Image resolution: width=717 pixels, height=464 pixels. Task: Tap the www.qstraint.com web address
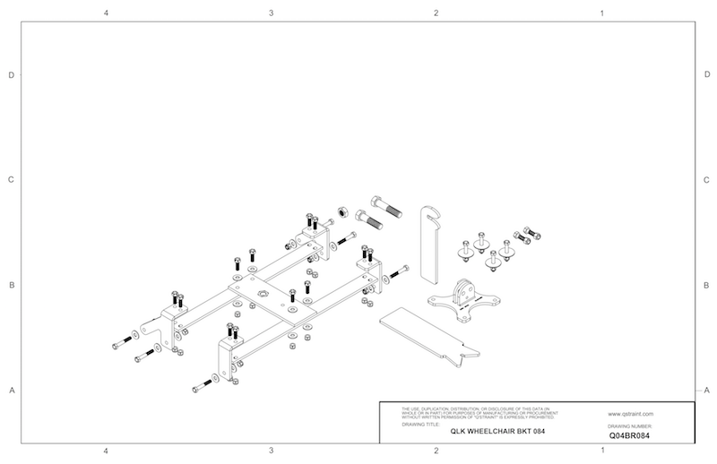pos(629,415)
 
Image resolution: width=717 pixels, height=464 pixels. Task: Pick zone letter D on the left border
pos(11,75)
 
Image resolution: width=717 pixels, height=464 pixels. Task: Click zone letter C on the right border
pos(707,180)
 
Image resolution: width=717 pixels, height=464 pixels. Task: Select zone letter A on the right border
pos(707,390)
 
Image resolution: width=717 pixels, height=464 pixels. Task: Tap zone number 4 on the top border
pos(106,14)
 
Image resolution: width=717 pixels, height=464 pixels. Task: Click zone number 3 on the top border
pos(271,14)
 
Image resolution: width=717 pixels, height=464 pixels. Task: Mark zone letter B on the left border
pos(11,286)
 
